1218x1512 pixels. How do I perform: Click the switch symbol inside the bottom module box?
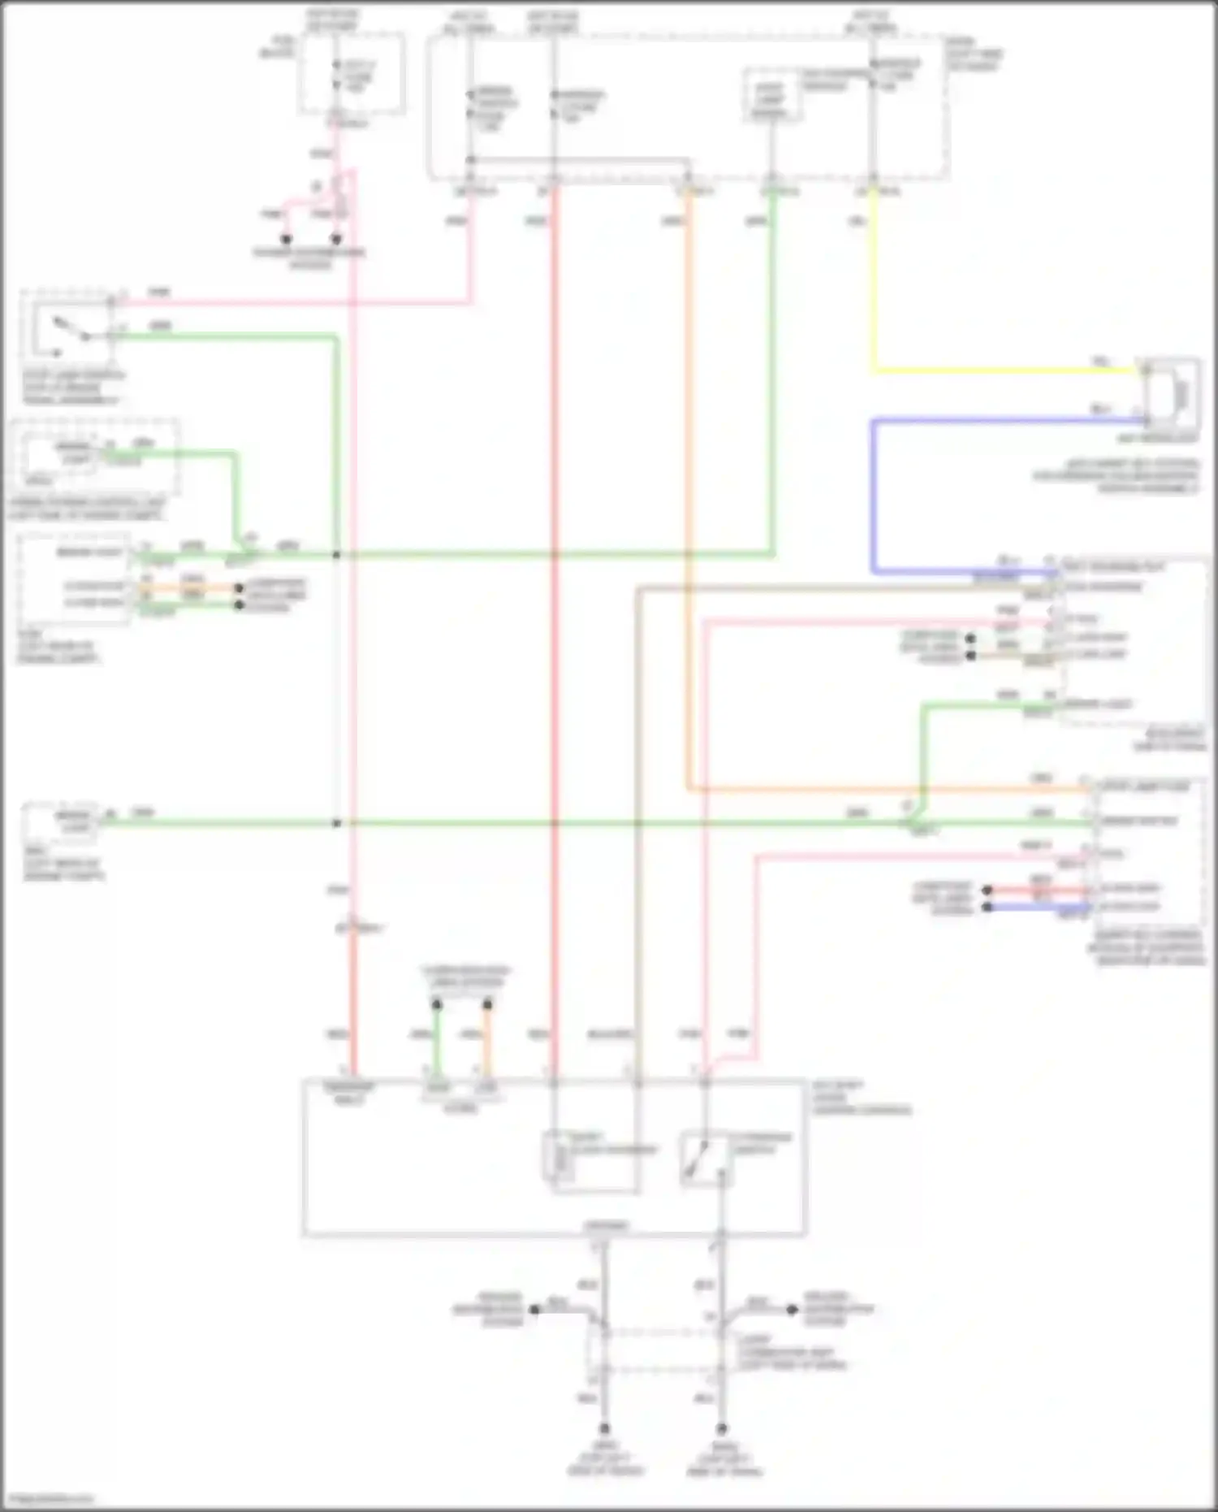point(703,1159)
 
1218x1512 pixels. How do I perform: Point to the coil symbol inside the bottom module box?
point(560,1154)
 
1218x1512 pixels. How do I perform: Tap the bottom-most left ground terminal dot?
point(604,1428)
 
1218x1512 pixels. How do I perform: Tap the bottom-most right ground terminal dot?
point(721,1428)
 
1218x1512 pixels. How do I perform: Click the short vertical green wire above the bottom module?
point(437,1040)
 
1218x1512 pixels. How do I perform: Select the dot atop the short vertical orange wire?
point(487,1006)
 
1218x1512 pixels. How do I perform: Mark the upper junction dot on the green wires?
point(336,555)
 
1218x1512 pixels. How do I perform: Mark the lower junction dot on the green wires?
point(336,823)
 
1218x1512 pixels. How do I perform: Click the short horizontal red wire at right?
point(1039,890)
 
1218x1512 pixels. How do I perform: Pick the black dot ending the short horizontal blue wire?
point(987,907)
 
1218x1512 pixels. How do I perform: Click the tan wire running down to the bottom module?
point(638,812)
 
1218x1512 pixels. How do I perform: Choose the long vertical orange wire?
point(689,487)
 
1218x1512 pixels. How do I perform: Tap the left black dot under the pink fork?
point(286,240)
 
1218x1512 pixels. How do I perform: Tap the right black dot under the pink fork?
point(336,240)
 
